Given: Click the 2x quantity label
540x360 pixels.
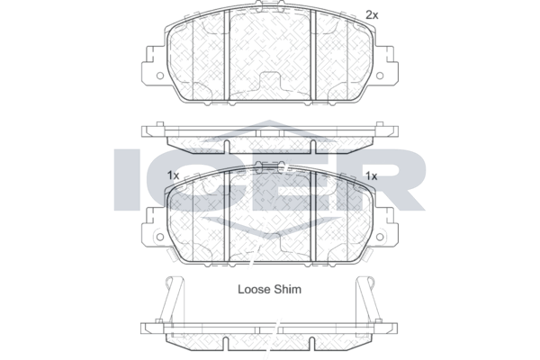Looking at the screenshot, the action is (x=372, y=15).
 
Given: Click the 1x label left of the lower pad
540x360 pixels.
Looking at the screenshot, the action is (x=173, y=175).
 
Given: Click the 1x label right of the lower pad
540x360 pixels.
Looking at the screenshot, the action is (x=371, y=176).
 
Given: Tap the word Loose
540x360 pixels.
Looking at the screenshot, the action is (x=254, y=290).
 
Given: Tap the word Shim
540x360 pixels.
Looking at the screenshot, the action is (x=287, y=290).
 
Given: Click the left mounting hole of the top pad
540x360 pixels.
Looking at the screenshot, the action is (x=160, y=76).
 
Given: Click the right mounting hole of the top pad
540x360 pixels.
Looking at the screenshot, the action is (x=380, y=76).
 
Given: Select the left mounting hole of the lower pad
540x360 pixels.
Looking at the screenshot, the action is (x=160, y=237).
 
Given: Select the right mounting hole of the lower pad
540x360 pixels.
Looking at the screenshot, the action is (x=380, y=237).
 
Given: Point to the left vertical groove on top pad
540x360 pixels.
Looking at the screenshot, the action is (x=227, y=55).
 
